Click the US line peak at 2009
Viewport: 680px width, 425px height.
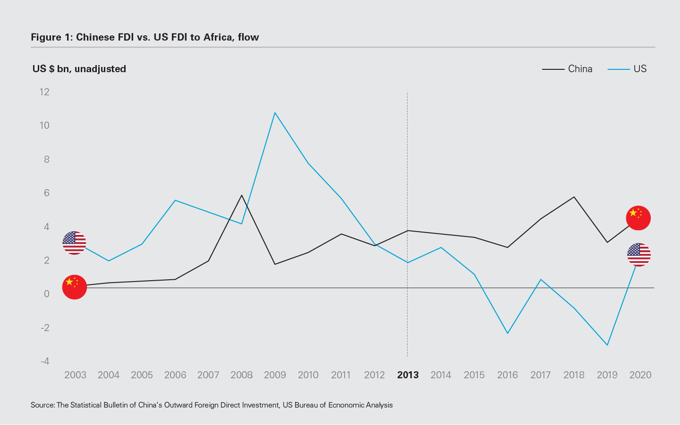275,113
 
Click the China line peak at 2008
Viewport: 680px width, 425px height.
242,195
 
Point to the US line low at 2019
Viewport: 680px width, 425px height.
607,345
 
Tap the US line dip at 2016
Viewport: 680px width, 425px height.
508,333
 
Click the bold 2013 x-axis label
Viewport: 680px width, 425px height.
408,375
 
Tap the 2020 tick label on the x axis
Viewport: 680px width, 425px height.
640,375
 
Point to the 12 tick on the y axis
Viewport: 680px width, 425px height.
45,92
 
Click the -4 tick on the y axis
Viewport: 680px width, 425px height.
45,361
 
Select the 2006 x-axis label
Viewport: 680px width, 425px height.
175,375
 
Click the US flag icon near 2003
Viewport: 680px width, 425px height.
74,243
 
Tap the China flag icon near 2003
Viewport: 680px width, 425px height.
75,287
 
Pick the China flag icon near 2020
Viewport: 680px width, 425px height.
638,218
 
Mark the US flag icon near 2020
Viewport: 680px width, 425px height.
639,255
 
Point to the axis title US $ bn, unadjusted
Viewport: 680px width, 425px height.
79,69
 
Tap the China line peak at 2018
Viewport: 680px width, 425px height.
574,197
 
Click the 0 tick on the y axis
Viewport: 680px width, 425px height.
46,294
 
